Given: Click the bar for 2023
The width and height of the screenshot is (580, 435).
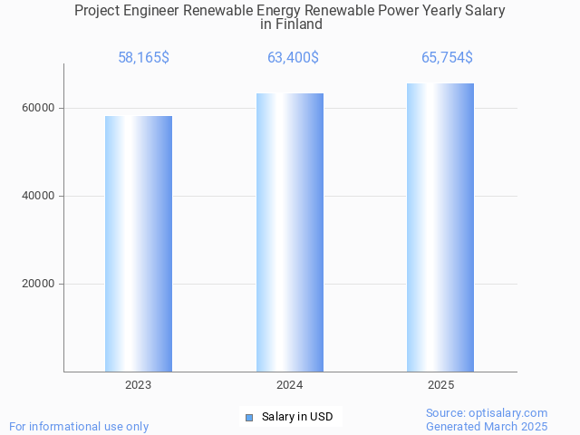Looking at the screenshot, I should click(139, 243).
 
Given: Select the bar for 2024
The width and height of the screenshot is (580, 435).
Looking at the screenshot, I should click(290, 232).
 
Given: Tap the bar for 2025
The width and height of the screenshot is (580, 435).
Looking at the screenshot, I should click(440, 227).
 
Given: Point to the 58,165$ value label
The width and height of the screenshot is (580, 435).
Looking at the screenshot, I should click(143, 57).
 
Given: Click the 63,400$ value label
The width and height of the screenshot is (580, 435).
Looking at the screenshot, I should click(293, 57).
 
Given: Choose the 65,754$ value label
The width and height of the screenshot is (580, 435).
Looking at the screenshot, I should click(447, 57).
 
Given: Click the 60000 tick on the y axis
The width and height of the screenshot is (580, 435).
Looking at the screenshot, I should click(39, 108).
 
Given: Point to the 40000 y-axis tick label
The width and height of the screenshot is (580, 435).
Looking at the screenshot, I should click(39, 196).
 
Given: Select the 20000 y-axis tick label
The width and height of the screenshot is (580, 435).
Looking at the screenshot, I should click(39, 284).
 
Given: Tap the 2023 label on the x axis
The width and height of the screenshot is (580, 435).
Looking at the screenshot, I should click(139, 385).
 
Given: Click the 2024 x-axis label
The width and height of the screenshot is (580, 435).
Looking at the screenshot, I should click(290, 385).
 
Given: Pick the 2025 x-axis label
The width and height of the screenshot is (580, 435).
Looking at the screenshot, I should click(440, 385).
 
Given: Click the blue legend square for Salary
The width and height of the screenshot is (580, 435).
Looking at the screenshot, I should click(249, 418).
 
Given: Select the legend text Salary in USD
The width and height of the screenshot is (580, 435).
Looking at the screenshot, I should click(297, 417).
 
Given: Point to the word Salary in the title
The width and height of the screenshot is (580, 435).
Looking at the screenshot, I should click(484, 11).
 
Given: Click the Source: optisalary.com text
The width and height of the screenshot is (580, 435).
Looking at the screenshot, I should click(487, 412).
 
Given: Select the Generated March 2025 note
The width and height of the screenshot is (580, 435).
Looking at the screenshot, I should click(487, 426).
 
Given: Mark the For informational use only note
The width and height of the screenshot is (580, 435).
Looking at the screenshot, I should click(79, 426).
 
